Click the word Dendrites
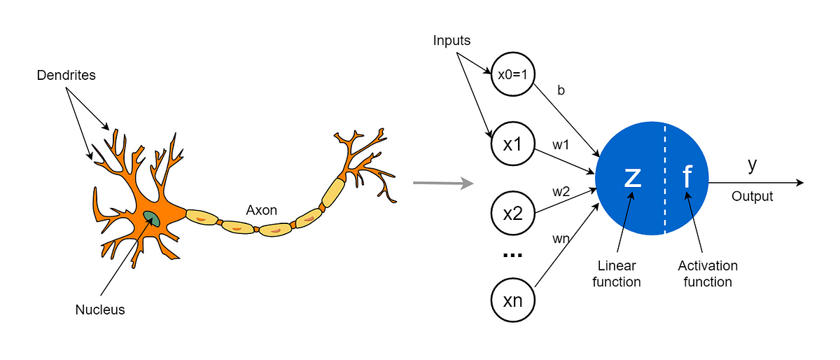pyautogui.click(x=65, y=74)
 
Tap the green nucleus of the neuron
pyautogui.click(x=152, y=219)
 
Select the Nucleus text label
pyautogui.click(x=100, y=309)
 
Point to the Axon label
pyautogui.click(x=261, y=209)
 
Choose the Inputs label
pyautogui.click(x=451, y=41)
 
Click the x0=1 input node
pyautogui.click(x=513, y=74)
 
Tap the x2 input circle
pyautogui.click(x=513, y=213)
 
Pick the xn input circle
pyautogui.click(x=513, y=301)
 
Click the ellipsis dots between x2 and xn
pyautogui.click(x=513, y=256)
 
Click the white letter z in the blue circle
pyautogui.click(x=632, y=178)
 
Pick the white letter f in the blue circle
pyautogui.click(x=687, y=178)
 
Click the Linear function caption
pyautogui.click(x=617, y=274)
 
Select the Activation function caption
pyautogui.click(x=708, y=274)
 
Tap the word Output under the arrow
pyautogui.click(x=752, y=197)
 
